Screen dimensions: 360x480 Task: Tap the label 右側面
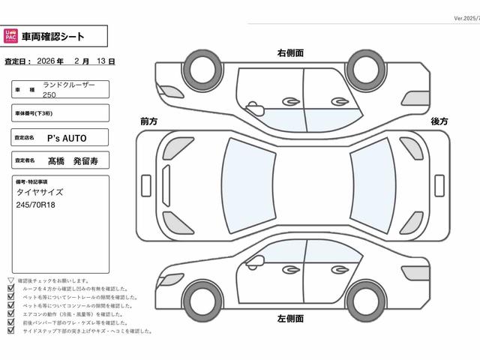click(290, 53)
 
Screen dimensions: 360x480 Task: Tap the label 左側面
click(290, 318)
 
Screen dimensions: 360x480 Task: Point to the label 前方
click(148, 121)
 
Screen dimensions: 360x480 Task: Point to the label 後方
click(439, 121)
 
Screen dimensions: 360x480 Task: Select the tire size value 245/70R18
click(36, 205)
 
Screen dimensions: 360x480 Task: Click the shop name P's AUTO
click(67, 138)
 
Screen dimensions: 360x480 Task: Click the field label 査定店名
click(24, 138)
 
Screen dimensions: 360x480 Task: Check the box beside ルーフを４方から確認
click(10, 289)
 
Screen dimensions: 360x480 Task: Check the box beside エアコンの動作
click(10, 314)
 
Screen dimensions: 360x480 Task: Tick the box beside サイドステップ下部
click(10, 331)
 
